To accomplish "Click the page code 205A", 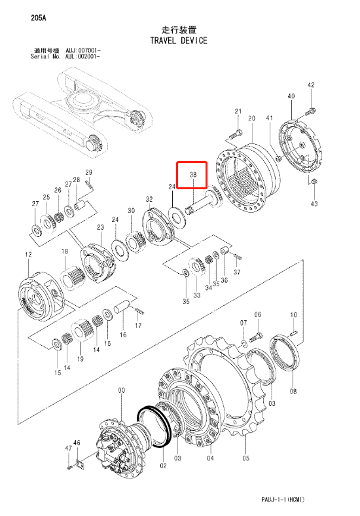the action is [x=39, y=18].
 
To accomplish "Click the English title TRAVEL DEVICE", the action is [x=179, y=41].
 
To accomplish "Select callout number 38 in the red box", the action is [x=193, y=175].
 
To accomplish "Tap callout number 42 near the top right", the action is [x=311, y=85].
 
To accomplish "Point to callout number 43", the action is [x=314, y=204].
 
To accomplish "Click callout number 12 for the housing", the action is [x=28, y=254].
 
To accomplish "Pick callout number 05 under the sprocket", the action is [x=246, y=458].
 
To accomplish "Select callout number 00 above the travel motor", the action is [x=122, y=390].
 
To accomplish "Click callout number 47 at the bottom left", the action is [x=69, y=448].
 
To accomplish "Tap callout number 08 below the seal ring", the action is [x=293, y=391].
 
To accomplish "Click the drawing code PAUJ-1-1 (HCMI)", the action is [x=283, y=499].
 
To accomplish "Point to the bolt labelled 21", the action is [x=234, y=134].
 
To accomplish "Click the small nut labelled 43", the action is [x=314, y=181].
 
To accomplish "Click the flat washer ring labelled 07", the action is [x=243, y=344].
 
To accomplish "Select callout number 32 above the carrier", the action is [x=149, y=200].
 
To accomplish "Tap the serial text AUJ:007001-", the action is [x=83, y=50].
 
